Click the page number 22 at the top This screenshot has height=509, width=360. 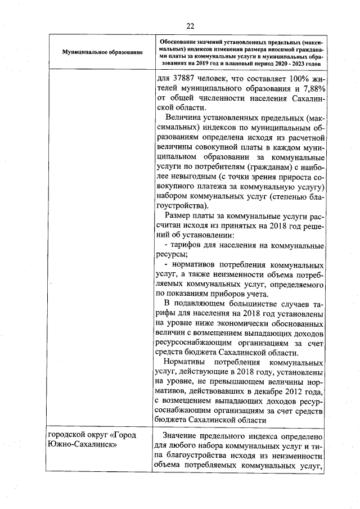tap(190, 25)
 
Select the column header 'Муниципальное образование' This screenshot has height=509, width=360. tap(102, 52)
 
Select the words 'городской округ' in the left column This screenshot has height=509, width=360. tap(74, 435)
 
